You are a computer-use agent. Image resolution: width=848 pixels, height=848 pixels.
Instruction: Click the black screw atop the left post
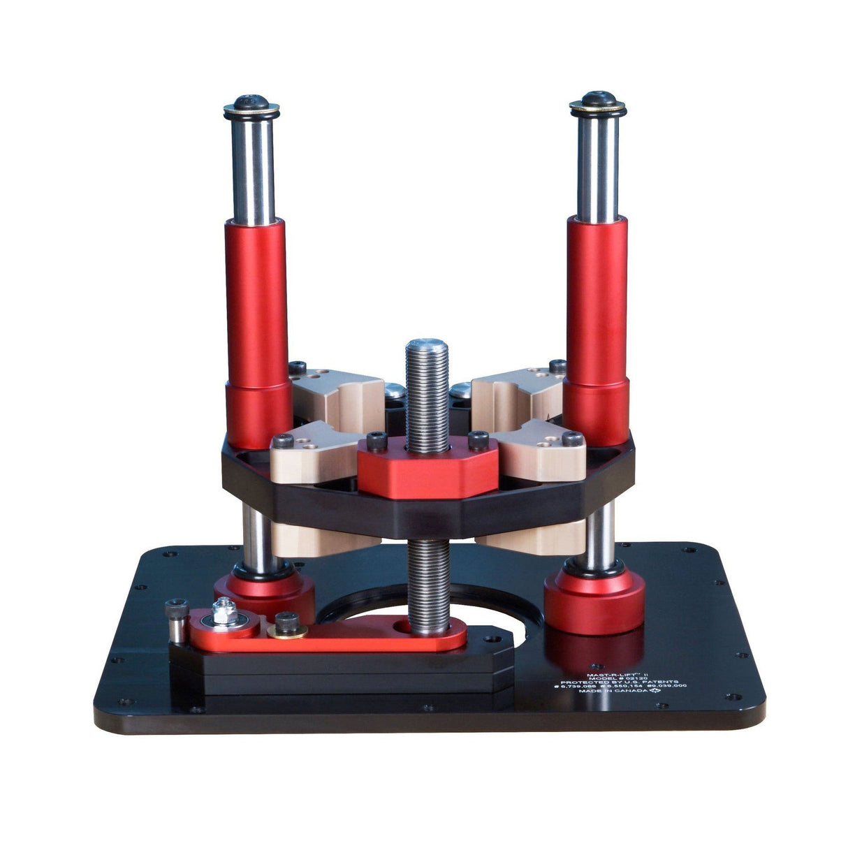251,103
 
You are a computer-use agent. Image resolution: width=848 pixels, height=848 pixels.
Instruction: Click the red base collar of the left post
269,594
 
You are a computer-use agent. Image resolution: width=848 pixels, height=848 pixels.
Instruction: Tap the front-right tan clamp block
548,453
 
